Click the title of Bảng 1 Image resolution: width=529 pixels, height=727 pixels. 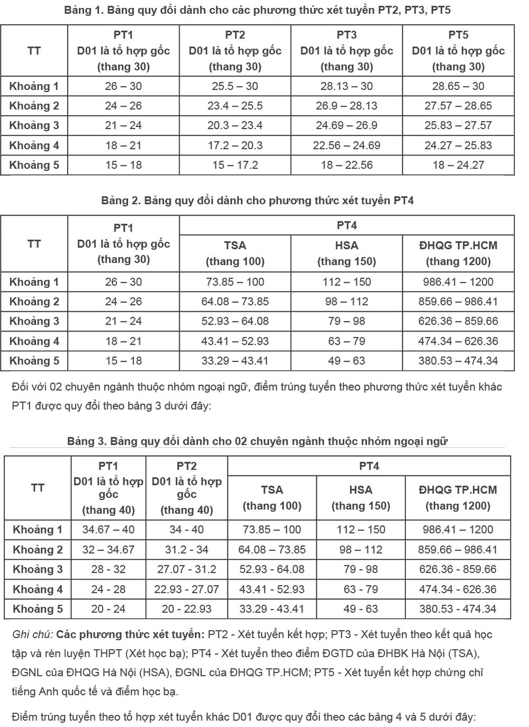tap(257, 10)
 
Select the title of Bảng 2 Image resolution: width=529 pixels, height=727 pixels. tap(257, 200)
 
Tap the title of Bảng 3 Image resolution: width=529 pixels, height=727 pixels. tap(257, 441)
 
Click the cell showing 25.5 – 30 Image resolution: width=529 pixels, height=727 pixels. tap(235, 86)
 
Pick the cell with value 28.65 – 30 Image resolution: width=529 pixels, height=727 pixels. tap(458, 86)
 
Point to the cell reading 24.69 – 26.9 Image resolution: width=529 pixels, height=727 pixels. tap(346, 125)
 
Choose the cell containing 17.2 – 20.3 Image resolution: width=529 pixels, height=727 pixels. tap(235, 145)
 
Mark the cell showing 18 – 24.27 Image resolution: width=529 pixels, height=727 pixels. tap(458, 165)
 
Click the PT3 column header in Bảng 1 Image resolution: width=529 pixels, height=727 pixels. tap(346, 51)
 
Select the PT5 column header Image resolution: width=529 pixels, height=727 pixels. tap(458, 51)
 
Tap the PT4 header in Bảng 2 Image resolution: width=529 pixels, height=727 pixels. tap(346, 225)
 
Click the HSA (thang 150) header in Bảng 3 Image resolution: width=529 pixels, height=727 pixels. tap(361, 498)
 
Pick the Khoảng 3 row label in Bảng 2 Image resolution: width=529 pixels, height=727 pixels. tap(34, 321)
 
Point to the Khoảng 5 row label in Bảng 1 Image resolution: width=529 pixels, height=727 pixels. tap(34, 165)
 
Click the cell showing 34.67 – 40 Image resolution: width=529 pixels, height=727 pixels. tap(108, 529)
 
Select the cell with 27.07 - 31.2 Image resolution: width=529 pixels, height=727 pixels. tap(187, 569)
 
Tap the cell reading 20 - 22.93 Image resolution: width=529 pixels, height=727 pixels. tap(187, 609)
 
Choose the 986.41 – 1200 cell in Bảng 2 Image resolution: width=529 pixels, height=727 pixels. tap(458, 282)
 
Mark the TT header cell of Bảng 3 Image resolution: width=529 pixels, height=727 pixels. tap(38, 487)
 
